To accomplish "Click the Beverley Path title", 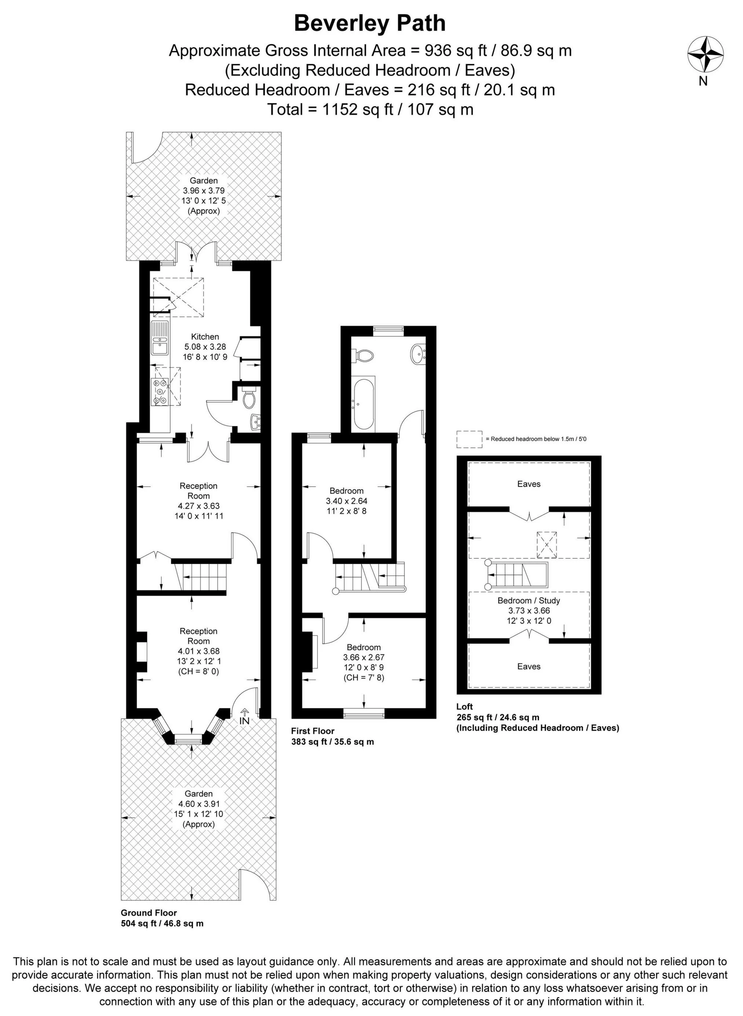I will pos(370,23).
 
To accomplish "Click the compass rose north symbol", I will pos(705,54).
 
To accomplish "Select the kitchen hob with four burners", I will pos(160,391).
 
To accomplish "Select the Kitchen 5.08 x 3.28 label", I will pos(205,347).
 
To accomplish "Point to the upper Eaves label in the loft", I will pos(528,484).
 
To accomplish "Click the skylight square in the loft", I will pos(546,545).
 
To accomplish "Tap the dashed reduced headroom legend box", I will pos(469,439).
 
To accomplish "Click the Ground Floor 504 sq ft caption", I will pos(162,918).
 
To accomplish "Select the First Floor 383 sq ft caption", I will pos(332,736).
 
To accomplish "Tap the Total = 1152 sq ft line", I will pos(370,109).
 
